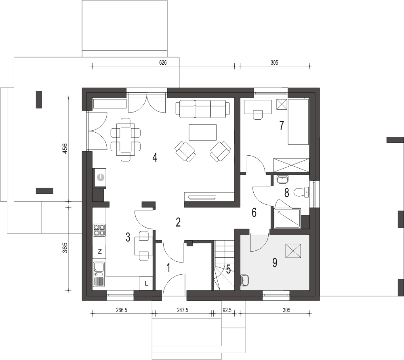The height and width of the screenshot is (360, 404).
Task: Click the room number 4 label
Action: [155, 157]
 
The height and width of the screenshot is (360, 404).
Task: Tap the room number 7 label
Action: [282, 125]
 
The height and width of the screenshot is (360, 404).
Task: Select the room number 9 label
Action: [275, 263]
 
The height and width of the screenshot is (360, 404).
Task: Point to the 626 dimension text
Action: [163, 63]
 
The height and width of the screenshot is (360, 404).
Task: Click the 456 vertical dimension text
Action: [65, 148]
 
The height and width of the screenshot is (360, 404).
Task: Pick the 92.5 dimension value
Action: [227, 310]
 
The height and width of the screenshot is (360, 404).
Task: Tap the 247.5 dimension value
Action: [183, 310]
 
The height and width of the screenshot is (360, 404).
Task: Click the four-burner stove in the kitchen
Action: [99, 230]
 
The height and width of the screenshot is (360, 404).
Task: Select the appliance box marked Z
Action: [99, 251]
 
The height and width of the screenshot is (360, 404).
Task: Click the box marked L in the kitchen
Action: [146, 284]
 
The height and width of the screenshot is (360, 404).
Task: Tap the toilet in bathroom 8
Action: [301, 192]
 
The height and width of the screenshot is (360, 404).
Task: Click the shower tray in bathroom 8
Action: [288, 218]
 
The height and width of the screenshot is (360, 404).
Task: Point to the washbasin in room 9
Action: [244, 280]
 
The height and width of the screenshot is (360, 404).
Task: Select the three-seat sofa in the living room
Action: [203, 109]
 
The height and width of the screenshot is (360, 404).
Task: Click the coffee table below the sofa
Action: [203, 132]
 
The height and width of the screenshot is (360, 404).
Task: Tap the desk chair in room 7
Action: [258, 115]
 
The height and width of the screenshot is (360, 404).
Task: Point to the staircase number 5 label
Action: [229, 269]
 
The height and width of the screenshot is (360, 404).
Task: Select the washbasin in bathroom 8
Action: [283, 179]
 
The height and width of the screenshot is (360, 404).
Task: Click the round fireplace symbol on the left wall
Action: [100, 178]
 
